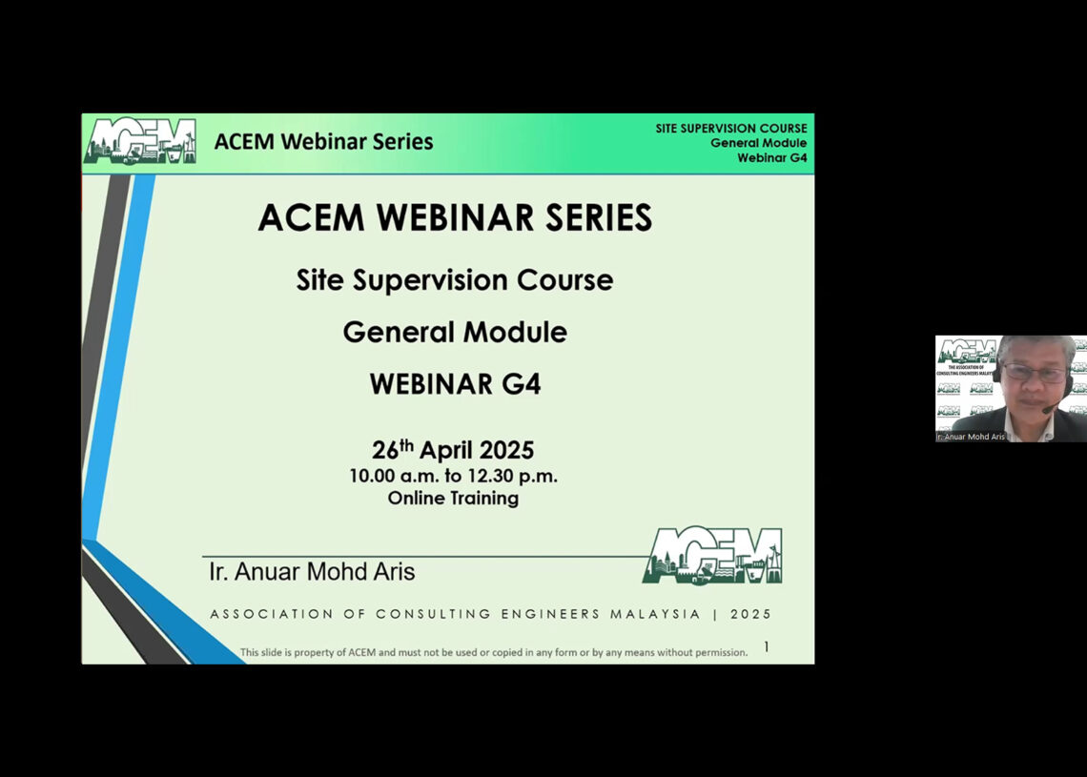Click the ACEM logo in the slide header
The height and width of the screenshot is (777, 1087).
click(x=139, y=141)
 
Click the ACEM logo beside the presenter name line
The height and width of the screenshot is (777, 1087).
click(x=713, y=555)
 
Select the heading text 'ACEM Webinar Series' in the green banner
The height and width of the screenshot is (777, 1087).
click(x=323, y=142)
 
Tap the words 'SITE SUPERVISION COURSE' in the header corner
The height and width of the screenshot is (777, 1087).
click(x=730, y=129)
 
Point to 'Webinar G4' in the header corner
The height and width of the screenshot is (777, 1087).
click(x=771, y=157)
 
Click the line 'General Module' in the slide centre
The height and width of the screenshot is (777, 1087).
click(x=455, y=332)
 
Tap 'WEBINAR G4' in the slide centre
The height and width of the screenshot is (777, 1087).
click(x=455, y=384)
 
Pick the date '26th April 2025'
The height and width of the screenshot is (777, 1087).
click(x=453, y=450)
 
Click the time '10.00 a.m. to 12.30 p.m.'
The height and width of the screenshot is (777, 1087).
click(x=453, y=476)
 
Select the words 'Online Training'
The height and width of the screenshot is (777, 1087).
click(x=453, y=498)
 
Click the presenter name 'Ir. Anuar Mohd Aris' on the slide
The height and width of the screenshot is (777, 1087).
click(x=312, y=572)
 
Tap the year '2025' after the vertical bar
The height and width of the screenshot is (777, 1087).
click(x=751, y=615)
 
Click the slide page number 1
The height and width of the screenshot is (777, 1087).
click(x=766, y=647)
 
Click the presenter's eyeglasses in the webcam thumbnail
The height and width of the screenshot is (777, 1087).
click(x=1033, y=374)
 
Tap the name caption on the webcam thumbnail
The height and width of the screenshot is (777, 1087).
click(x=972, y=437)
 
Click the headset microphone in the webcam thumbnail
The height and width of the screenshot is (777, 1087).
click(x=1049, y=409)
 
